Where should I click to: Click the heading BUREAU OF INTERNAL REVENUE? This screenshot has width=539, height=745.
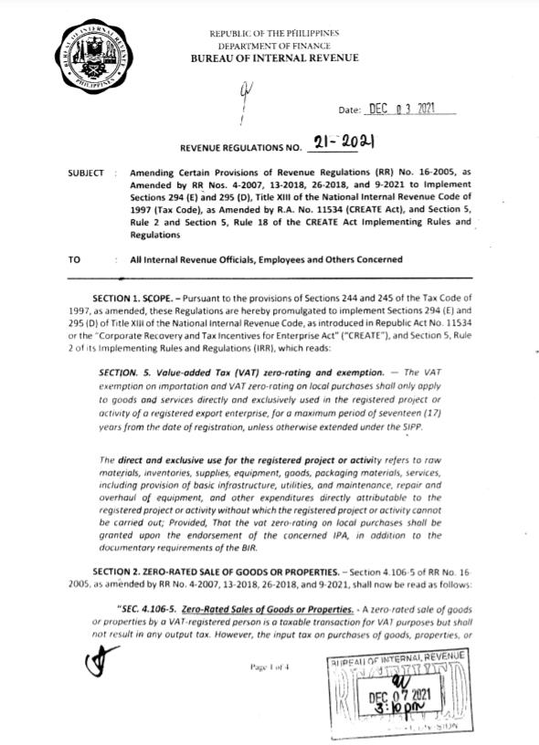tap(274, 58)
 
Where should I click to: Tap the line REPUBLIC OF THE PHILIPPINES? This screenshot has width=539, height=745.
tap(274, 33)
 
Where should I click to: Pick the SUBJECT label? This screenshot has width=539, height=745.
tap(85, 173)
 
